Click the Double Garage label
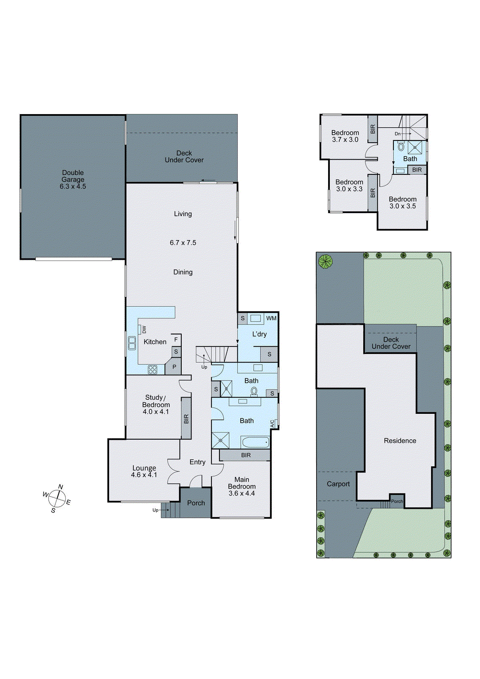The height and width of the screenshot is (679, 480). point(73,179)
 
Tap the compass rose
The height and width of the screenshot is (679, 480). point(56,497)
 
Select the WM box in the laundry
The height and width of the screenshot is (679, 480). point(271,318)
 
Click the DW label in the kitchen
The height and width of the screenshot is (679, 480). point(144,329)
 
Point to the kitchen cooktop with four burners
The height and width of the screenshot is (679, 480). point(152,370)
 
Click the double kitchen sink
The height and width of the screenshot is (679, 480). point(132,343)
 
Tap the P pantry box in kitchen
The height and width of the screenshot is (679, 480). point(174,367)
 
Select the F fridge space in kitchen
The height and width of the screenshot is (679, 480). point(176,340)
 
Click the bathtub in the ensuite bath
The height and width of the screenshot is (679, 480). point(255,442)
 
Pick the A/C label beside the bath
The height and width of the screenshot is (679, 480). point(272,424)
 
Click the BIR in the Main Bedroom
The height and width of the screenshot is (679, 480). point(246,455)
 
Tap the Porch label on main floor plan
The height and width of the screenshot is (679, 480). point(196,503)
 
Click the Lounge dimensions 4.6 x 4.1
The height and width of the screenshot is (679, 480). point(144,475)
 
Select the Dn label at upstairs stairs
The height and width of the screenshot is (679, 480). point(398,134)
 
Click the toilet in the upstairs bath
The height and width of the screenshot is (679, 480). point(401,147)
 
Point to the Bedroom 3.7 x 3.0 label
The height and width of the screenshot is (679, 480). point(345,136)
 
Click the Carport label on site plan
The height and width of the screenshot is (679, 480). point(338,484)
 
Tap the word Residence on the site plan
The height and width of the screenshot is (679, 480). point(400,441)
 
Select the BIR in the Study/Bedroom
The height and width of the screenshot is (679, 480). point(186,419)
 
